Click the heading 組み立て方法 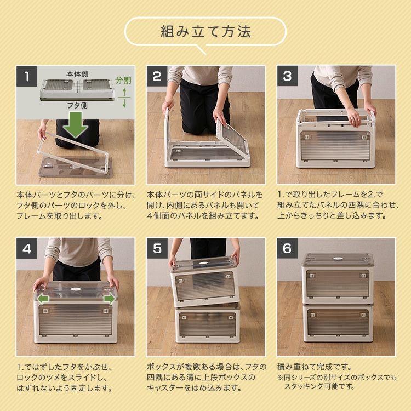click(206, 31)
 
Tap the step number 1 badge click(26, 76)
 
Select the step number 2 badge click(157, 76)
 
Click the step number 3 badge click(287, 76)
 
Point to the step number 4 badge click(26, 248)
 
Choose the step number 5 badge click(157, 248)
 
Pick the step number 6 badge click(287, 248)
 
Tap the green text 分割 click(124, 80)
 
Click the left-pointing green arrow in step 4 click(42, 299)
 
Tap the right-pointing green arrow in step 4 click(109, 299)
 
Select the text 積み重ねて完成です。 click(315, 367)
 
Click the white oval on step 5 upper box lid click(204, 264)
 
